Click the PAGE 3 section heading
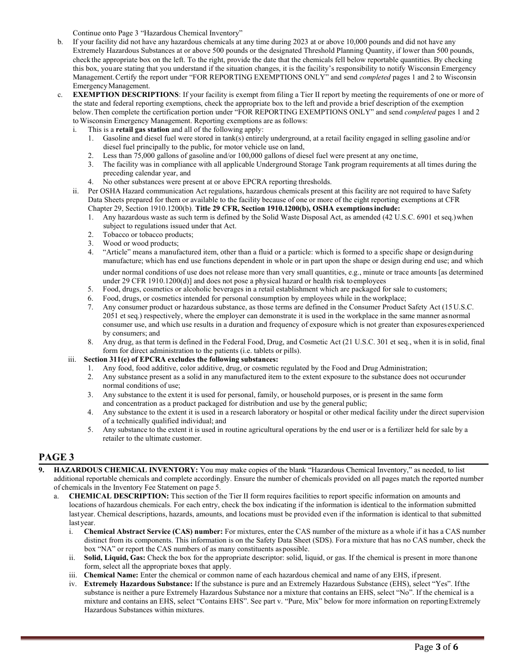pyautogui.click(x=56, y=457)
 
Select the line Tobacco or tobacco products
pyautogui.click(x=140, y=235)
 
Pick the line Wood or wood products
pyautogui.click(x=140, y=243)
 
